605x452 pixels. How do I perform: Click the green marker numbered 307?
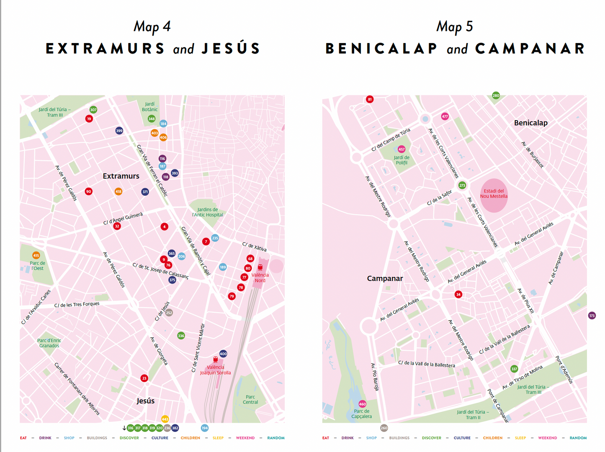(93, 110)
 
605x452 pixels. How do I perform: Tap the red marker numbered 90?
(88, 191)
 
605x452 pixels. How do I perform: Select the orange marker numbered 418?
(118, 191)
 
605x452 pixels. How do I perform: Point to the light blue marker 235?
(215, 238)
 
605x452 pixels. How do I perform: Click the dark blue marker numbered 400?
(223, 354)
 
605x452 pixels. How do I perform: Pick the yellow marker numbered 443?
(165, 419)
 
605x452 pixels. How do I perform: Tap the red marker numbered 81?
(369, 99)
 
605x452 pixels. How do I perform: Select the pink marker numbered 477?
(445, 116)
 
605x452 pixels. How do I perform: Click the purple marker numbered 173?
(592, 316)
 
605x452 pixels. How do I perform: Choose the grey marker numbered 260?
(384, 428)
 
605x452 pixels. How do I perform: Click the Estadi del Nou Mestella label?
(494, 194)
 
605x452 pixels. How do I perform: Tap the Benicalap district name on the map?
(530, 123)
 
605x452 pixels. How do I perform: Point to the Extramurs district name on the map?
(121, 176)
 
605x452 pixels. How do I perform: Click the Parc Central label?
(250, 399)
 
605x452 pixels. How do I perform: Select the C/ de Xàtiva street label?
(254, 247)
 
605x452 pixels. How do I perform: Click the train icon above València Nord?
(260, 267)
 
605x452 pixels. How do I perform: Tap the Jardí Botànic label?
(149, 107)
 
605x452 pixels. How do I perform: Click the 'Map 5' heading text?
(454, 27)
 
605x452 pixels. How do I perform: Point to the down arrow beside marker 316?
(124, 428)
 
